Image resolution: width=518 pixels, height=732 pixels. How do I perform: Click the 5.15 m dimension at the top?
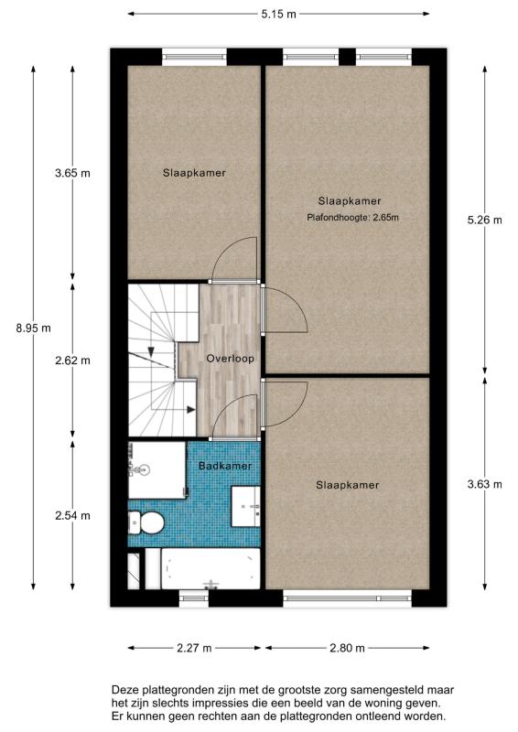tap(278, 14)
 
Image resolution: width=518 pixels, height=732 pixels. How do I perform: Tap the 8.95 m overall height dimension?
tap(33, 328)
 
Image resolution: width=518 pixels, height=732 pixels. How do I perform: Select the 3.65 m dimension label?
tap(72, 173)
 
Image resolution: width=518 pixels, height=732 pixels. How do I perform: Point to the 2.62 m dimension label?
tap(72, 361)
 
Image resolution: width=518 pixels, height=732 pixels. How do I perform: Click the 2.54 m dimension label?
tap(72, 516)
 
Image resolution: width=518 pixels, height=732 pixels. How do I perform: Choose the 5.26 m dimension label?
tap(485, 220)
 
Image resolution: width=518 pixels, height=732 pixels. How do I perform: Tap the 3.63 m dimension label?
tap(485, 485)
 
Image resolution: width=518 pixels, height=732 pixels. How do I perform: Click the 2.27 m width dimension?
tap(194, 648)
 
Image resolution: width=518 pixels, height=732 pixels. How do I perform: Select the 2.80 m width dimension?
tap(347, 648)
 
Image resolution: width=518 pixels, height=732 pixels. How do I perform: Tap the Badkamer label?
tap(225, 466)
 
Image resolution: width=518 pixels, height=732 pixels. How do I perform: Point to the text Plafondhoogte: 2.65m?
tap(352, 218)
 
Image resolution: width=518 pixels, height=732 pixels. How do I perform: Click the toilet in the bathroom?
tap(146, 522)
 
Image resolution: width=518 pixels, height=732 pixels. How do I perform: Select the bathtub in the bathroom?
tap(210, 568)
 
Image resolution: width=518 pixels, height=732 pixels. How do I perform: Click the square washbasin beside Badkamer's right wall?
tap(246, 507)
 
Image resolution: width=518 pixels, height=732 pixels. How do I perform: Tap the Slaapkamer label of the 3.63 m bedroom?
tap(348, 485)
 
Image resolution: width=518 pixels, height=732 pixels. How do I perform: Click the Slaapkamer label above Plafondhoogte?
tap(350, 201)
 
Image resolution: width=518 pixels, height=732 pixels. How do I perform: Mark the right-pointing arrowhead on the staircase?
tap(190, 410)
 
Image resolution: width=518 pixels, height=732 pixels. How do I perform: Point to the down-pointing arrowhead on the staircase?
tap(151, 351)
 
